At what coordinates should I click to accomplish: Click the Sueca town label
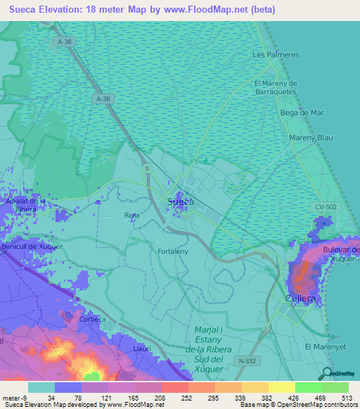181,202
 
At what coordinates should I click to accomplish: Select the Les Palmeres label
276,54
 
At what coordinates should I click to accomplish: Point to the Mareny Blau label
310,138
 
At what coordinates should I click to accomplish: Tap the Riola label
131,214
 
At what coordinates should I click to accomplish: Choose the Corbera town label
92,319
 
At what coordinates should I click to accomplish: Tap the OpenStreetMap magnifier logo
325,372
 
